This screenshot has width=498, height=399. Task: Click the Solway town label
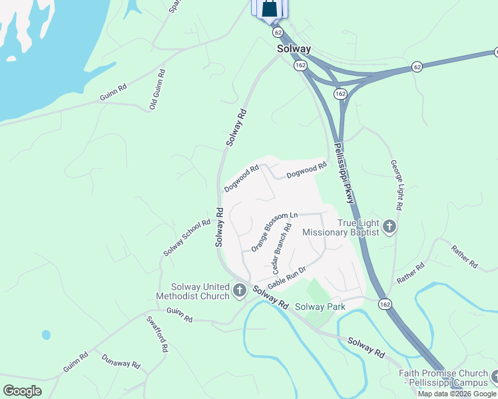294,49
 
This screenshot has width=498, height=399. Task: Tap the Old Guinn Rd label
157,88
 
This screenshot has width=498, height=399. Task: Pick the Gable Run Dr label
286,277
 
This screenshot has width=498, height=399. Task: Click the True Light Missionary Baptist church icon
390,227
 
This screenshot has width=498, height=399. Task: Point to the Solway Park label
320,307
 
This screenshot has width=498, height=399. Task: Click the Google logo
23,390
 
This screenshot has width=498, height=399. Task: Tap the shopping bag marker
270,9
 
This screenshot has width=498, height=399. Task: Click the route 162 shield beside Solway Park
385,304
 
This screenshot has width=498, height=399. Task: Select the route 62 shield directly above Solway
278,32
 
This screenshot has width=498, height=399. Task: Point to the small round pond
45,334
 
